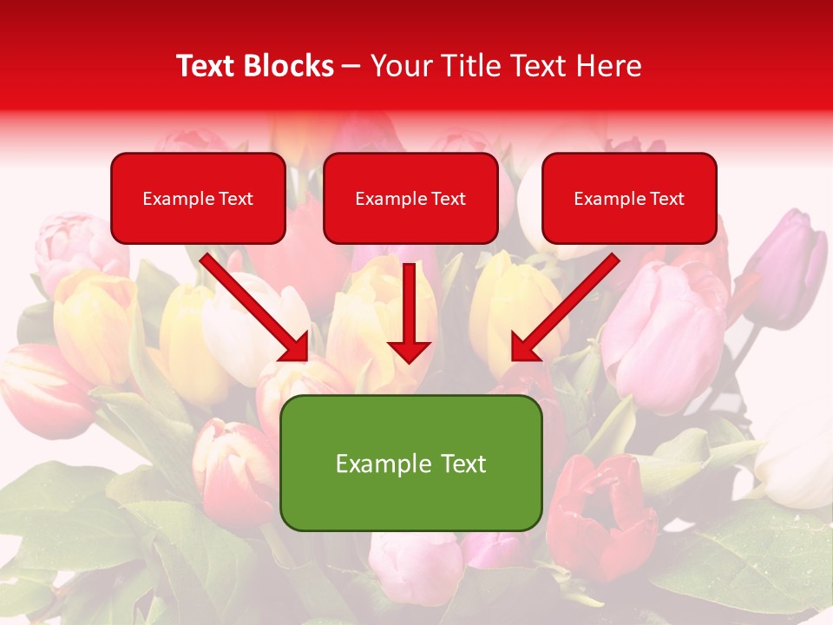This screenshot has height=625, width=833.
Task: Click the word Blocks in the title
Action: tap(290, 66)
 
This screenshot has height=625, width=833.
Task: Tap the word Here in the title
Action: tap(610, 66)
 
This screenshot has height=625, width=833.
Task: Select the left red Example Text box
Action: tap(198, 198)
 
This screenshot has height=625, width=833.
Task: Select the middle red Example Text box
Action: tap(410, 198)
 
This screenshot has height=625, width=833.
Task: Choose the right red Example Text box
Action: tap(629, 198)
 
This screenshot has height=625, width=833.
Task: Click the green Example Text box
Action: tap(410, 463)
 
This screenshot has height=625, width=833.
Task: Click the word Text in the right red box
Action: tap(667, 199)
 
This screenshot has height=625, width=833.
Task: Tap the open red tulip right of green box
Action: tap(599, 512)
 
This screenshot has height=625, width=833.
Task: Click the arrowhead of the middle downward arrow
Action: tap(409, 351)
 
